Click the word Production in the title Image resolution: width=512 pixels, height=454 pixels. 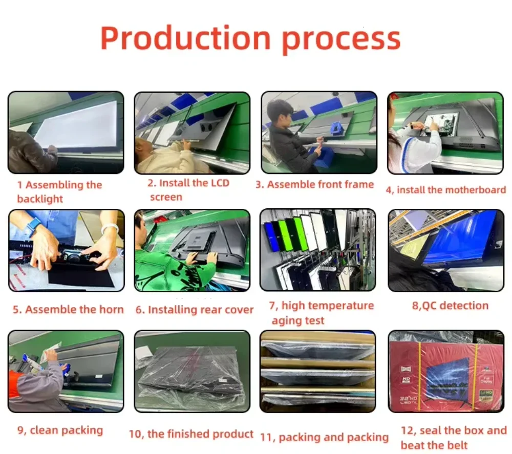pos(185,38)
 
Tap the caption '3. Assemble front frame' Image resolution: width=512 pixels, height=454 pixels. pos(314,184)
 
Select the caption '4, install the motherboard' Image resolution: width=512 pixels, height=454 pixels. pos(446,190)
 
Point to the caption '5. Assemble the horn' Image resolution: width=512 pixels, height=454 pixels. pos(68,310)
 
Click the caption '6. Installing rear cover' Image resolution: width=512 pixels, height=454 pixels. pos(194,310)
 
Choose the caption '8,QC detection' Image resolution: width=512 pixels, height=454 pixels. pos(450,306)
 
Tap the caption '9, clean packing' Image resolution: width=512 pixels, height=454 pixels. pos(60,430)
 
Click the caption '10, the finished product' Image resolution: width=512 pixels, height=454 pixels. pos(191,434)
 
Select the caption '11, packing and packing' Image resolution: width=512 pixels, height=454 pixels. pos(324,437)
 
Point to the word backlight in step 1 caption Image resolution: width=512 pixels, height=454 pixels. pos(40,199)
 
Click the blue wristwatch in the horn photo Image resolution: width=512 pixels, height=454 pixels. pos(34,225)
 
